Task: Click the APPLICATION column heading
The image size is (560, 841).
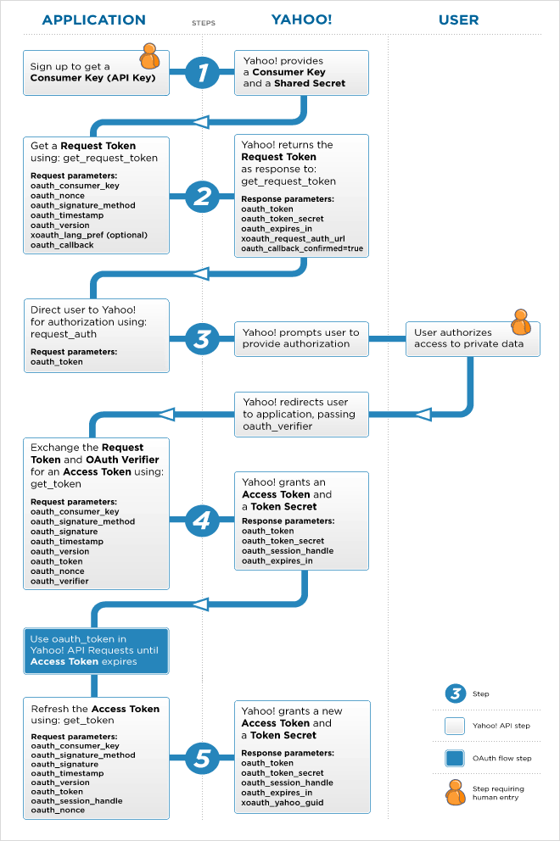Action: [93, 19]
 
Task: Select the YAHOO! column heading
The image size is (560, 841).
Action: [301, 19]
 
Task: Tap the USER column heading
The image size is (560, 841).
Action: [459, 19]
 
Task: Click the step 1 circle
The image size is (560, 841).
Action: [202, 73]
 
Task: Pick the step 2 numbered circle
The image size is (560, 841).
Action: [202, 196]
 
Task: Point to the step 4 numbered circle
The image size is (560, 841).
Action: [202, 519]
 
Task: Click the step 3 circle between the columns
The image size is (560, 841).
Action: [202, 338]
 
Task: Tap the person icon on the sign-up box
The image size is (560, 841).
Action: [149, 55]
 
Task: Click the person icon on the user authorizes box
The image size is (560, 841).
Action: [521, 323]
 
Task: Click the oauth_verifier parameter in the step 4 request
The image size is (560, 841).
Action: [59, 582]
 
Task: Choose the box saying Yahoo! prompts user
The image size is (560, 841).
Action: [302, 338]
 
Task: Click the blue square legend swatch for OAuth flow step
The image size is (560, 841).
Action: [456, 758]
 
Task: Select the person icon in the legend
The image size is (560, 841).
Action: [456, 793]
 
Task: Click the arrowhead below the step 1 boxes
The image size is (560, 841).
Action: [201, 121]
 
